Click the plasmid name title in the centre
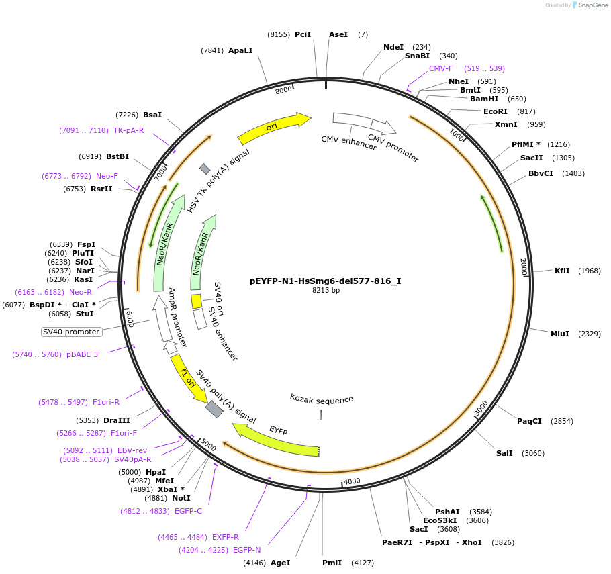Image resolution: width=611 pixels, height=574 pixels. (x=325, y=281)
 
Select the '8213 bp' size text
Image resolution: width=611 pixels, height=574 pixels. (x=326, y=291)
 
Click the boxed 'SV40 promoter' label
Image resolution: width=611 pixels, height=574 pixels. (x=72, y=332)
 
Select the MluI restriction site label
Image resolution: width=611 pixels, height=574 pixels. (x=559, y=334)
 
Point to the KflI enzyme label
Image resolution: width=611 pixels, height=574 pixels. (x=562, y=271)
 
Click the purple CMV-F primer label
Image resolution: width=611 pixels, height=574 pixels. (x=441, y=68)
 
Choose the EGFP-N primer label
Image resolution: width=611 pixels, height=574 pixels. (x=247, y=550)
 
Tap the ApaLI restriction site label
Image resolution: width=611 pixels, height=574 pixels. (x=240, y=50)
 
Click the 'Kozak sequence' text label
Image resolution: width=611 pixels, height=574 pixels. (x=322, y=400)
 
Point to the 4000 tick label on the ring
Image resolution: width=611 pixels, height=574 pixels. (x=352, y=481)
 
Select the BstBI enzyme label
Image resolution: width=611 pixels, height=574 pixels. (x=117, y=156)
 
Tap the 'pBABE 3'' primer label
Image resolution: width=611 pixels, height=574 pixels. (x=83, y=354)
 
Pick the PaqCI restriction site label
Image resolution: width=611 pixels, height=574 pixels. (x=529, y=421)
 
